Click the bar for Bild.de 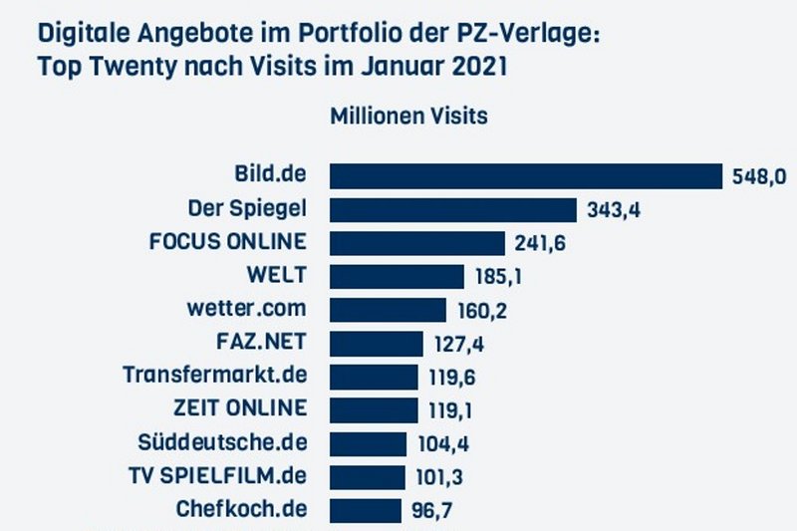point(525,176)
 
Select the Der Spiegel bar point(453,210)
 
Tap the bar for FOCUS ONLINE point(417,243)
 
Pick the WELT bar point(397,276)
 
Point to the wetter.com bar point(388,310)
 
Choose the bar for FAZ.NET point(377,343)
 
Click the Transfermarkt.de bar point(374,377)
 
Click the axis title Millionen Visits point(408,116)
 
